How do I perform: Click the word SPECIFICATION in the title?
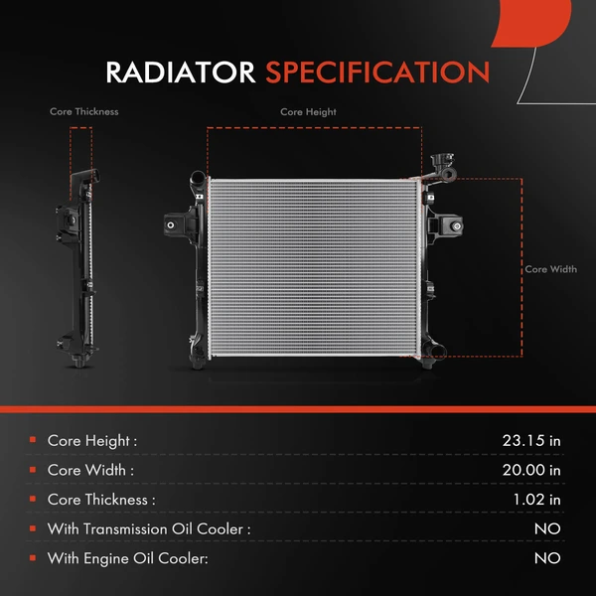(376, 73)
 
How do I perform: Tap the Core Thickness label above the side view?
(84, 112)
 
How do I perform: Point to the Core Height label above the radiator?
(308, 112)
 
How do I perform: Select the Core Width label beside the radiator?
(550, 269)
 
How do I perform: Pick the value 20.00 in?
(532, 470)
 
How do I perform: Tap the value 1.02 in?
(536, 500)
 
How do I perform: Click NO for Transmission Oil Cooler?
(547, 529)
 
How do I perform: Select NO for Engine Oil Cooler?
(547, 559)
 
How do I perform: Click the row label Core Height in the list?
(91, 440)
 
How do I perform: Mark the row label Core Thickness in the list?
(101, 500)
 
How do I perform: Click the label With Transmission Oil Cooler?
(148, 529)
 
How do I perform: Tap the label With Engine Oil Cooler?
(127, 559)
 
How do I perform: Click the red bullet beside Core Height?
(33, 439)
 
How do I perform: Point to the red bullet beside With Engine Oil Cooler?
(33, 558)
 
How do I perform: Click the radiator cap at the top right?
(440, 163)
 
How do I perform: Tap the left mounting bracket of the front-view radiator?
(180, 225)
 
